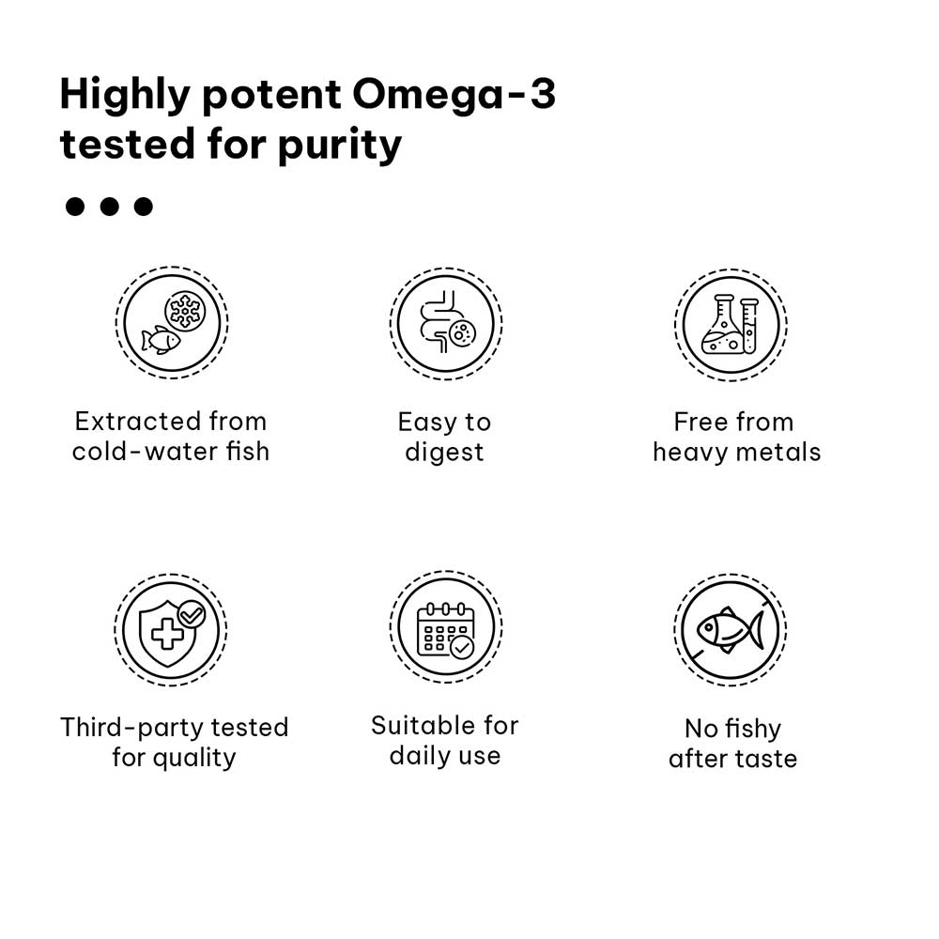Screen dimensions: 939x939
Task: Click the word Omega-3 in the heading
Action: (x=454, y=95)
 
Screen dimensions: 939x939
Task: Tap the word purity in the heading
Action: (x=340, y=146)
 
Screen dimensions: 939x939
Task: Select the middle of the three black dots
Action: (x=109, y=207)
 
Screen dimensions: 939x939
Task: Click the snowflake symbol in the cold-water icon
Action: (x=185, y=310)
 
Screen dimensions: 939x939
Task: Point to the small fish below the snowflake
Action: (x=161, y=340)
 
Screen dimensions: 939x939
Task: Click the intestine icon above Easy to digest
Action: (x=446, y=323)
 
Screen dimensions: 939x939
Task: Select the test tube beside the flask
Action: (x=749, y=326)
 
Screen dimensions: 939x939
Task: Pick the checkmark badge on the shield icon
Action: (x=192, y=614)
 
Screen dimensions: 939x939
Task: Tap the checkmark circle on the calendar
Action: (x=462, y=647)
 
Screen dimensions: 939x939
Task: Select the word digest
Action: (x=444, y=453)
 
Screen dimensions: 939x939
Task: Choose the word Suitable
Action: (x=423, y=726)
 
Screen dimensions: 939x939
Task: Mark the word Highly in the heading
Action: (x=125, y=96)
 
